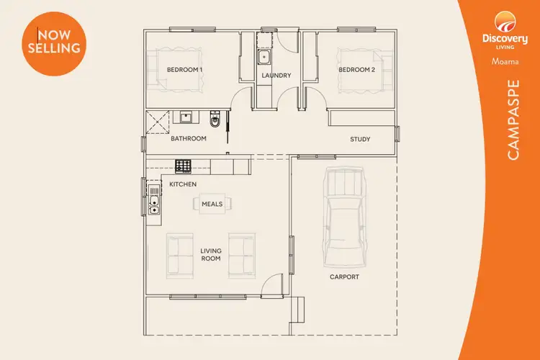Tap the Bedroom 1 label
(x=184, y=70)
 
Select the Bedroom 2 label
(x=357, y=70)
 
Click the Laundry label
(x=276, y=76)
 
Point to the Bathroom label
(x=189, y=138)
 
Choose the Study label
(x=360, y=139)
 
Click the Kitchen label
(x=183, y=185)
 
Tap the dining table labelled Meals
(x=212, y=204)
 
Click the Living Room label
(x=210, y=255)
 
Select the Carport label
(x=344, y=276)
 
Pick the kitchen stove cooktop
(x=184, y=166)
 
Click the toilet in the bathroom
(x=214, y=118)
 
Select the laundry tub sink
(x=264, y=55)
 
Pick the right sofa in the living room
(x=241, y=256)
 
